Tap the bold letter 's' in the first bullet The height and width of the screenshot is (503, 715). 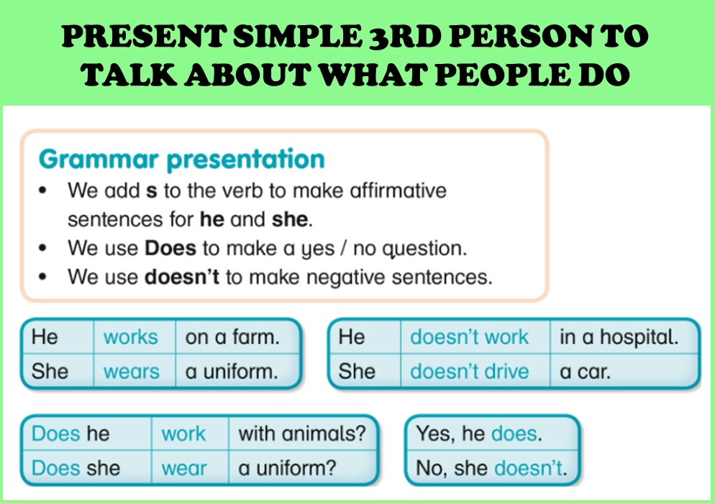[x=151, y=191]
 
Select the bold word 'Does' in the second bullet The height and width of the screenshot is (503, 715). [x=170, y=249]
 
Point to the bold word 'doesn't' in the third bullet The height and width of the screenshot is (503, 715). [x=182, y=277]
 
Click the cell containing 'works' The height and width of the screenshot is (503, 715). [x=135, y=337]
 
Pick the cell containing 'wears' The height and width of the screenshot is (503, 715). [x=135, y=372]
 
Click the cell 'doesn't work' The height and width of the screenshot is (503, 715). [x=475, y=337]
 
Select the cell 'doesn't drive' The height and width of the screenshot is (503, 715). [x=475, y=372]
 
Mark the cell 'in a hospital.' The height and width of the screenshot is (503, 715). [x=624, y=337]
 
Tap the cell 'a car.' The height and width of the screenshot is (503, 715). [x=624, y=372]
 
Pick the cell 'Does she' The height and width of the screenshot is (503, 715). [x=87, y=468]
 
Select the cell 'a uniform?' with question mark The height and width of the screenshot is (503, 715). [x=302, y=468]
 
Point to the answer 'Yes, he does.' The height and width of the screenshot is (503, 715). [x=479, y=433]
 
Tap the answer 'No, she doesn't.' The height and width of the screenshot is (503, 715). [x=491, y=468]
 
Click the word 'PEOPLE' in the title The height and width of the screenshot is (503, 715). [x=503, y=75]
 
